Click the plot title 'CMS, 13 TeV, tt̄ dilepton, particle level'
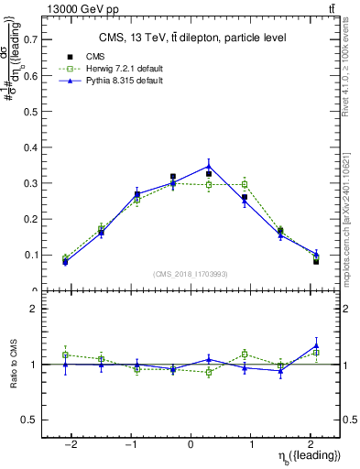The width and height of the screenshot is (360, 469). tap(191, 38)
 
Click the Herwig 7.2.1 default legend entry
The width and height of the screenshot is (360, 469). tap(114, 69)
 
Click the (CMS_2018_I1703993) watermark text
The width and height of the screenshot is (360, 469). tap(191, 274)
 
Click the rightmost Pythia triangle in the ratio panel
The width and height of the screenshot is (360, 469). tap(316, 345)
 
